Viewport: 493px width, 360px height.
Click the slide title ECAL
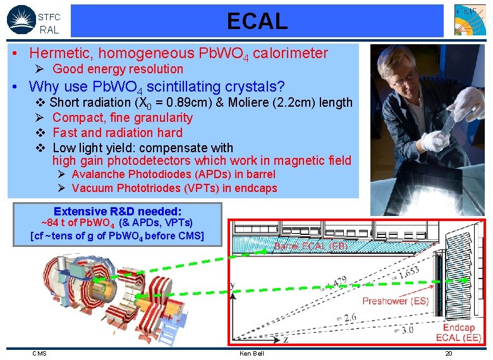pyautogui.click(x=257, y=21)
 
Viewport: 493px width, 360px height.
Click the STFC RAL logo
pyautogui.click(x=33, y=21)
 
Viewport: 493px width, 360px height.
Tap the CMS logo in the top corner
pyautogui.click(x=470, y=20)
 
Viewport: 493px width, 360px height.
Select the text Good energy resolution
pyautogui.click(x=118, y=69)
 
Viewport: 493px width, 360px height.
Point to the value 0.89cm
pyautogui.click(x=186, y=102)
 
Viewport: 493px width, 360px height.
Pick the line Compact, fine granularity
pyautogui.click(x=123, y=117)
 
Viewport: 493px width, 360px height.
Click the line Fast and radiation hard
pyautogui.click(x=117, y=133)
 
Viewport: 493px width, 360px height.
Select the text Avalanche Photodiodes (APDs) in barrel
pyautogui.click(x=173, y=174)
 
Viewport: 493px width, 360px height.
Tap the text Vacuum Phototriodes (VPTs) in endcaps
pyautogui.click(x=174, y=188)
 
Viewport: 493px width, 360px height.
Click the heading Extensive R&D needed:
pyautogui.click(x=118, y=211)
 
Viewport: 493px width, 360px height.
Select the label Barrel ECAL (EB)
pyautogui.click(x=310, y=247)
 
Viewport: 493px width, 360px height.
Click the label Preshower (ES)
pyautogui.click(x=395, y=301)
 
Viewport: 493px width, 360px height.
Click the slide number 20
pyautogui.click(x=448, y=353)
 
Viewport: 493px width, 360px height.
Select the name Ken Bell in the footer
pyautogui.click(x=252, y=353)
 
